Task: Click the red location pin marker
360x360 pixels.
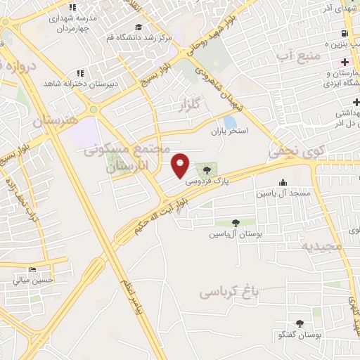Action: tap(181, 165)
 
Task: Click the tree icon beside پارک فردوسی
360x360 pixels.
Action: tap(207, 169)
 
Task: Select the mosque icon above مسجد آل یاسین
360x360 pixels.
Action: tap(283, 182)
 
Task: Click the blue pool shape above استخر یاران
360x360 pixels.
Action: tap(231, 121)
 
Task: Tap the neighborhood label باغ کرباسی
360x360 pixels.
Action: tap(229, 290)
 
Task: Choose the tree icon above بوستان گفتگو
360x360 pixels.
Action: tap(300, 323)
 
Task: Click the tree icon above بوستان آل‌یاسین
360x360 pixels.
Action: tap(235, 222)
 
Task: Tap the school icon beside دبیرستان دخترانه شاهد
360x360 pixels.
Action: tap(82, 72)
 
